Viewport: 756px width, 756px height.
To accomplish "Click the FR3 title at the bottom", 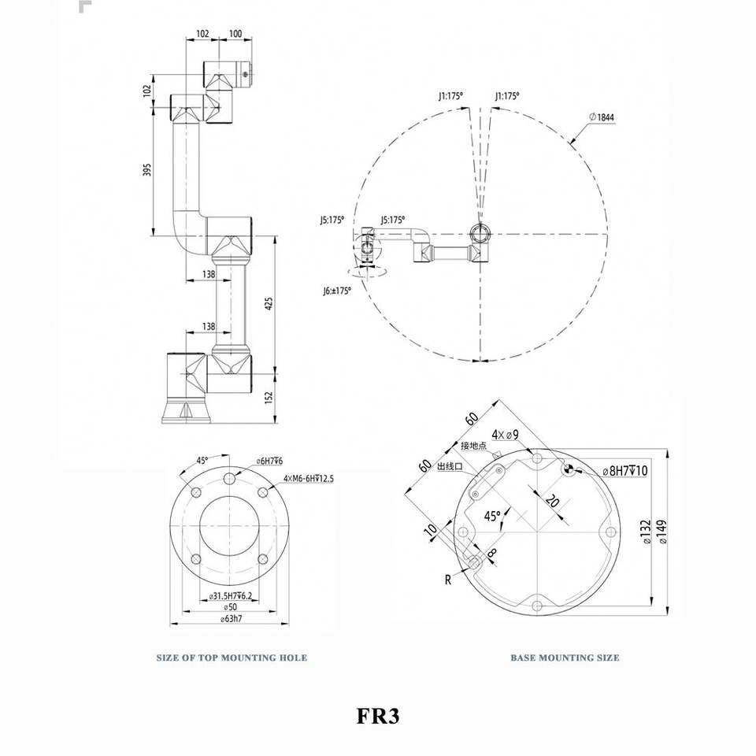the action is (x=378, y=716).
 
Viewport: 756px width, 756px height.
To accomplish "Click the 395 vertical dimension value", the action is (x=147, y=170).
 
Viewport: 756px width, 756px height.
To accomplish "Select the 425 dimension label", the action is (x=269, y=303).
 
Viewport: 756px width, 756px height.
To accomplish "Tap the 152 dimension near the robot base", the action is (x=269, y=397).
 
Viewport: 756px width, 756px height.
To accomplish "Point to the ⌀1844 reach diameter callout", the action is (x=602, y=117).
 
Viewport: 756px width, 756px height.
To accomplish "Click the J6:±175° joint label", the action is (x=337, y=291).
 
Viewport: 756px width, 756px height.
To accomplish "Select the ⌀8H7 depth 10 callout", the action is (x=624, y=471).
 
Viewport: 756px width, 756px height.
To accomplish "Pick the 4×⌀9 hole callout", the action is (x=506, y=435).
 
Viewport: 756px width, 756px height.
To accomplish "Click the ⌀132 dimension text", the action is (x=647, y=532).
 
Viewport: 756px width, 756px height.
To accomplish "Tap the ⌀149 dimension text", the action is (x=662, y=532).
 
